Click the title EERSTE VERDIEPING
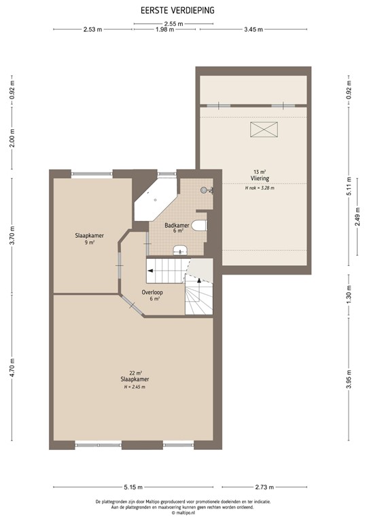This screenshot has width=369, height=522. (177, 11)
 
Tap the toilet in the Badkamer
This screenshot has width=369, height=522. (200, 226)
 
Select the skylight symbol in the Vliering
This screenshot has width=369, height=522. (264, 130)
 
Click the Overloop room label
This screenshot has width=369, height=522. (152, 292)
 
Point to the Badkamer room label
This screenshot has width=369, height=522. (177, 225)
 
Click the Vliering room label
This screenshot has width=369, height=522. (260, 179)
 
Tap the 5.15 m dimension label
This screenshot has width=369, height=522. (133, 487)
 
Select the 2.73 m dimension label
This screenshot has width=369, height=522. (264, 487)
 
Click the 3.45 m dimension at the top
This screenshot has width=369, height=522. (253, 29)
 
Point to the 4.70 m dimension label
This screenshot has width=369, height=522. (12, 368)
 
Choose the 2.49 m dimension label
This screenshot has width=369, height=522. (357, 217)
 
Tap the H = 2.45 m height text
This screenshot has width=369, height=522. (135, 387)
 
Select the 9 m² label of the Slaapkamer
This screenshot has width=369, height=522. (89, 243)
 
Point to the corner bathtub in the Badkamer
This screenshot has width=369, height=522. (155, 200)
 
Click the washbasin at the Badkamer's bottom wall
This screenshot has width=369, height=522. (181, 249)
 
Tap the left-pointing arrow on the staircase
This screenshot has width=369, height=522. (150, 271)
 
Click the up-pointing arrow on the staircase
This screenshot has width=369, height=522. (199, 280)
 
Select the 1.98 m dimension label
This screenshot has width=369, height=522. (164, 29)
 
